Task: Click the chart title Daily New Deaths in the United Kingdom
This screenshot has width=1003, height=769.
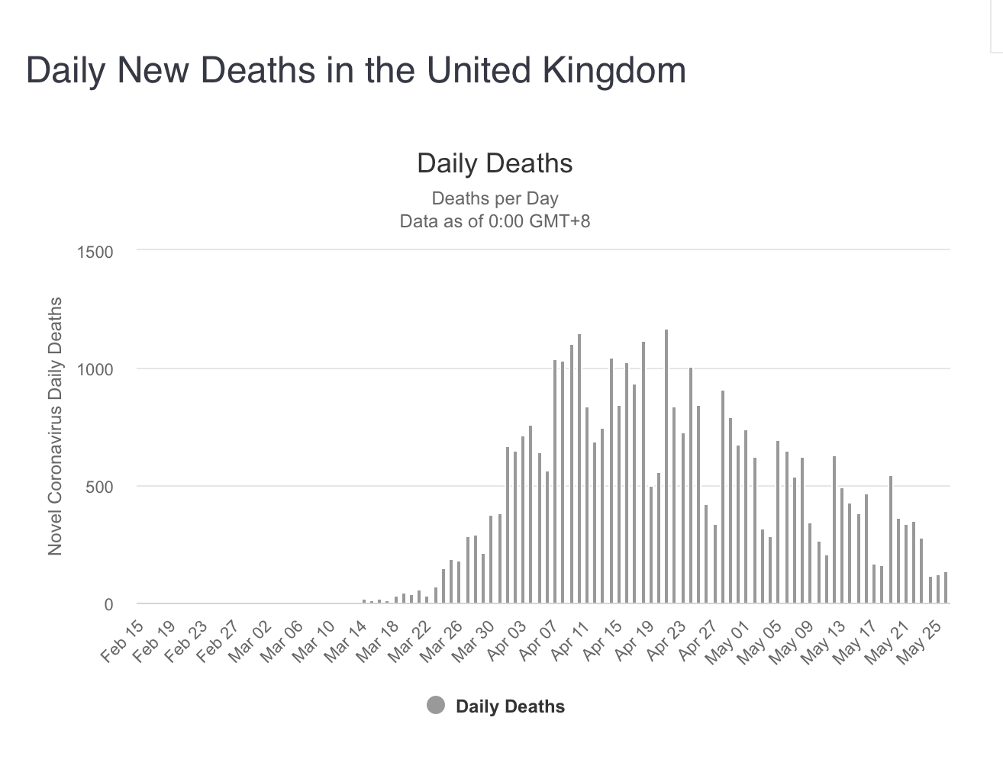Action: pos(356,70)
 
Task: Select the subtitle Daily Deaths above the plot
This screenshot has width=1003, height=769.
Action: pos(495,163)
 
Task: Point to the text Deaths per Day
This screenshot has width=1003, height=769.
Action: pos(495,198)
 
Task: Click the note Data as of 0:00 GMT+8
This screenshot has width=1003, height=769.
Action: pos(495,221)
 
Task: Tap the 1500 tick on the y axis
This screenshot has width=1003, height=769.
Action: pos(95,253)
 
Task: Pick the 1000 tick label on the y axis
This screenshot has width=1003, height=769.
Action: pos(95,370)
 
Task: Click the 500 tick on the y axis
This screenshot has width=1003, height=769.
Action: pos(98,487)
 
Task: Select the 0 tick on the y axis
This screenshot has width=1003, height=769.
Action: pos(108,605)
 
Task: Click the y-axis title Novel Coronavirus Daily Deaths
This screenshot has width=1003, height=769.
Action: pos(55,426)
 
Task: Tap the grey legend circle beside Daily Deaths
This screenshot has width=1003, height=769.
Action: pos(435,706)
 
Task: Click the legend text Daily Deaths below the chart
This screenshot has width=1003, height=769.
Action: pos(510,706)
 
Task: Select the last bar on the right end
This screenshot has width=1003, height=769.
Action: pos(945,587)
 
